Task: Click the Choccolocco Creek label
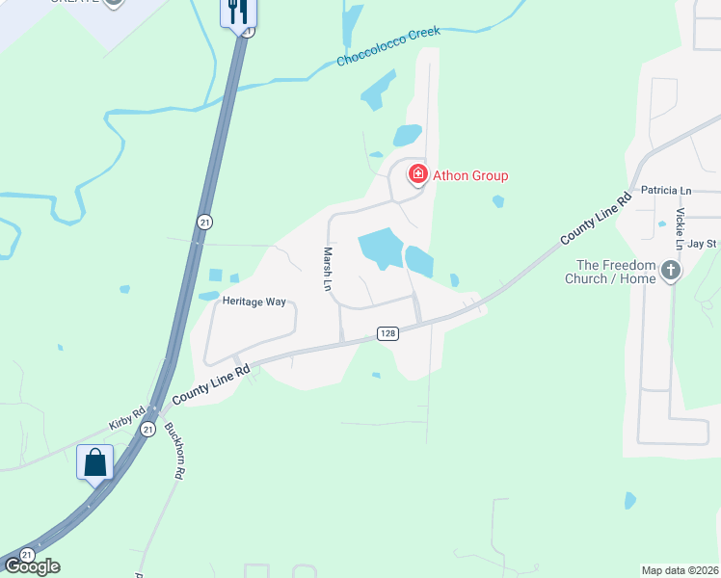pos(387,46)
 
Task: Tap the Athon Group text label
pos(469,175)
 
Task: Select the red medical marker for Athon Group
pos(418,174)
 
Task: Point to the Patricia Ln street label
pos(665,192)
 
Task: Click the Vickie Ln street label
pos(681,229)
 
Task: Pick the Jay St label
pos(703,245)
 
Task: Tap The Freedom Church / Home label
pos(616,273)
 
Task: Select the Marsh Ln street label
pos(327,269)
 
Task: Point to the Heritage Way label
pos(254,302)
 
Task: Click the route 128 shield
pos(387,333)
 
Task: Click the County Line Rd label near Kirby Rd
pos(211,383)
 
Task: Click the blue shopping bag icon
pos(95,462)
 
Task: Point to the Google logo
pos(32,566)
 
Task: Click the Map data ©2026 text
pos(681,570)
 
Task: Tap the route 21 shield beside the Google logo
pos(27,556)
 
